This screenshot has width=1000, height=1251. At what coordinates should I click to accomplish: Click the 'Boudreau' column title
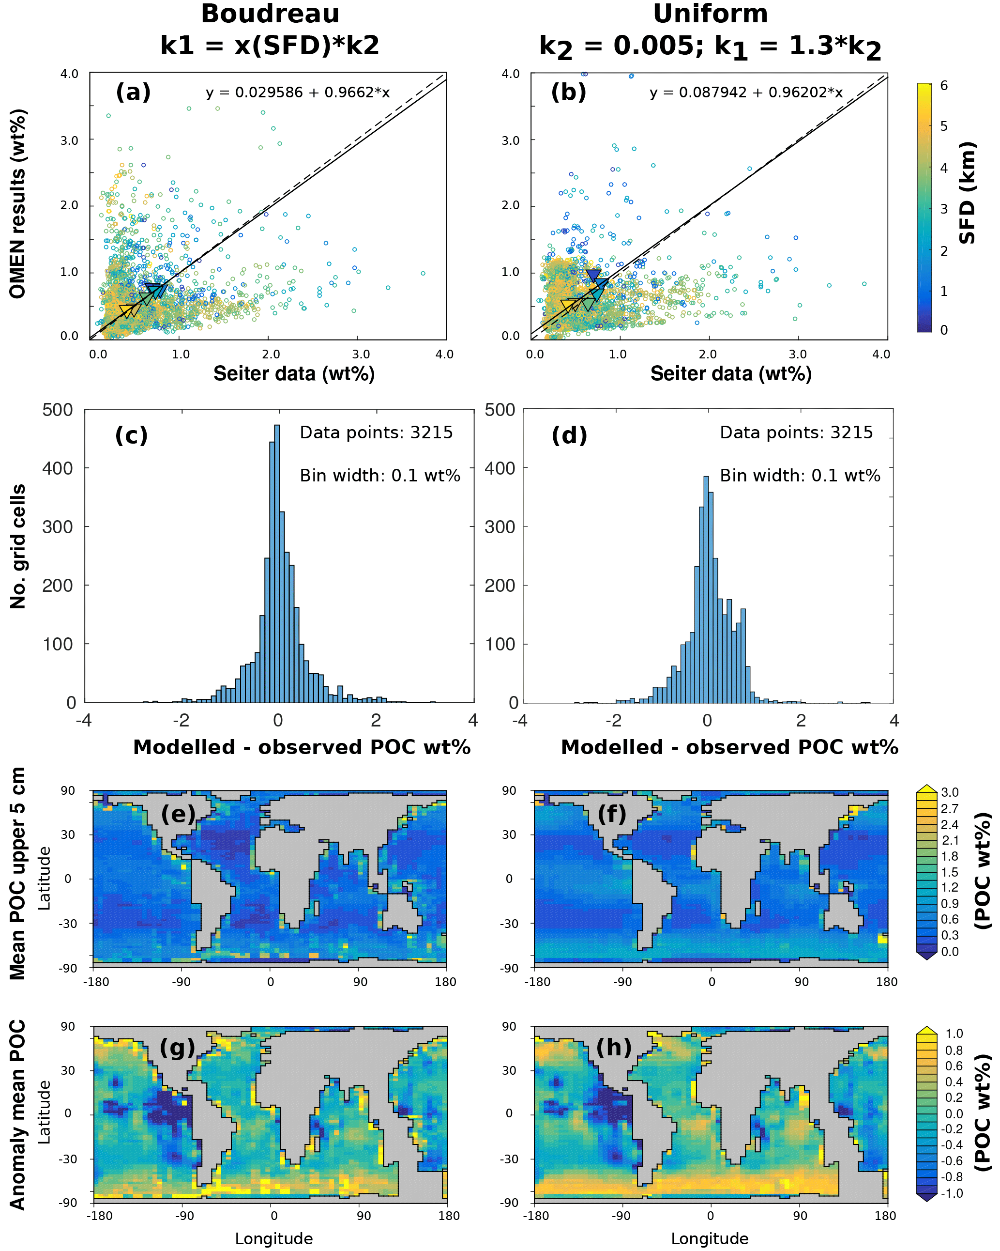[x=270, y=14]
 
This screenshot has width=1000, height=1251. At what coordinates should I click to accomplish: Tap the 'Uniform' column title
[x=710, y=14]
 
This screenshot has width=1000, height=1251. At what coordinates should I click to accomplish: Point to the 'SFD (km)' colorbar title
[x=967, y=193]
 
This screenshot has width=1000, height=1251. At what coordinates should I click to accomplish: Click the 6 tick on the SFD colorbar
[x=944, y=86]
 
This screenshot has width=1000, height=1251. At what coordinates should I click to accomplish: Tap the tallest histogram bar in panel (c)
[x=277, y=563]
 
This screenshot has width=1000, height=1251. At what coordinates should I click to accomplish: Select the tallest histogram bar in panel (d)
[x=706, y=589]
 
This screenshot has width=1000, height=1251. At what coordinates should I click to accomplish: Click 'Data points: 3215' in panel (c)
[x=376, y=432]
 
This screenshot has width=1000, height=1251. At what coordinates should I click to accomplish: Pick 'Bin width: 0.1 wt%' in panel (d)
[x=800, y=476]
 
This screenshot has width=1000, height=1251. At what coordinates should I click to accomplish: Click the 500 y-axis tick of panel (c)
[x=58, y=410]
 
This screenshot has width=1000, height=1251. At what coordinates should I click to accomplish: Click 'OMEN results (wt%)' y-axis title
[x=18, y=204]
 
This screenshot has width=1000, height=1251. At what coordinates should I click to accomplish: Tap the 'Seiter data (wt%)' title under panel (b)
[x=730, y=374]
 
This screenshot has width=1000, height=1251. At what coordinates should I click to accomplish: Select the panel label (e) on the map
[x=178, y=814]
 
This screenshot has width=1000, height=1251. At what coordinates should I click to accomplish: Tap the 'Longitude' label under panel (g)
[x=274, y=1239]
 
